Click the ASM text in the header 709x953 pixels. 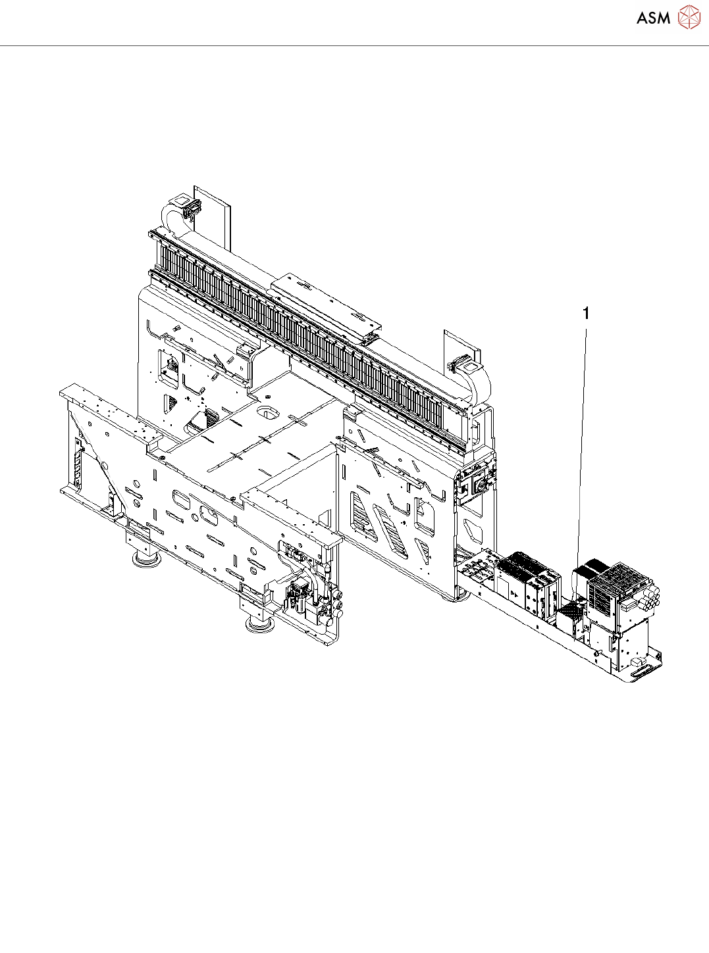tap(653, 18)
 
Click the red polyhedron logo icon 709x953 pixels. tap(689, 17)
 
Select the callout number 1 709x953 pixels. tap(585, 314)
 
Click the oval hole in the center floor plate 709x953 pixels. tap(267, 413)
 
